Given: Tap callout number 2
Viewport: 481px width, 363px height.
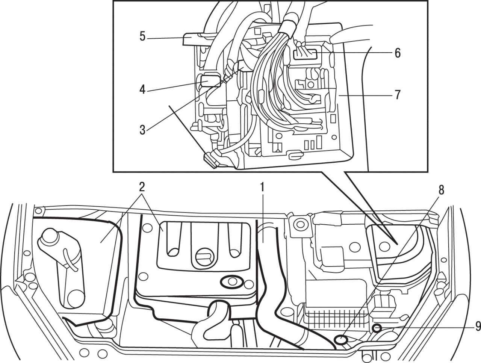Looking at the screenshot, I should click(x=142, y=187).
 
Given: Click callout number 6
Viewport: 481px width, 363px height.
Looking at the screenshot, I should click(x=397, y=53).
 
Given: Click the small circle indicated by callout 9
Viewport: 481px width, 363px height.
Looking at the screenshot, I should click(x=377, y=328).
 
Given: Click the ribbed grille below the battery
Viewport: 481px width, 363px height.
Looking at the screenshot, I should click(x=333, y=312).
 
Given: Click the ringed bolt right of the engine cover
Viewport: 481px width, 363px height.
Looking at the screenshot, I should click(x=300, y=225).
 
